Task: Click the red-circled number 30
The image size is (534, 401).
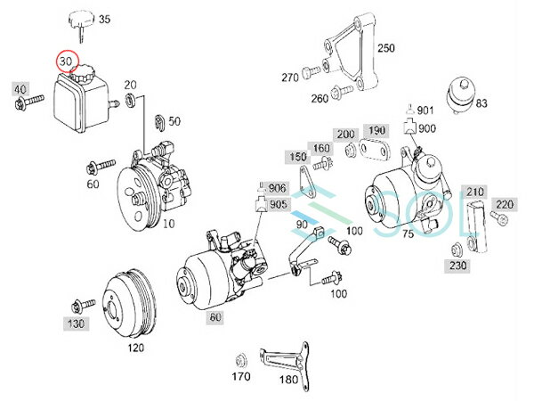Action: [x=65, y=61]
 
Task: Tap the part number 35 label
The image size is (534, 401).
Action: [x=106, y=19]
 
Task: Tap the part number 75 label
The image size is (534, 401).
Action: [x=409, y=234]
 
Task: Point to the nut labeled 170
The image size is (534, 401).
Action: [x=239, y=360]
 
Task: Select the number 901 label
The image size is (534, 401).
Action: [x=425, y=110]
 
